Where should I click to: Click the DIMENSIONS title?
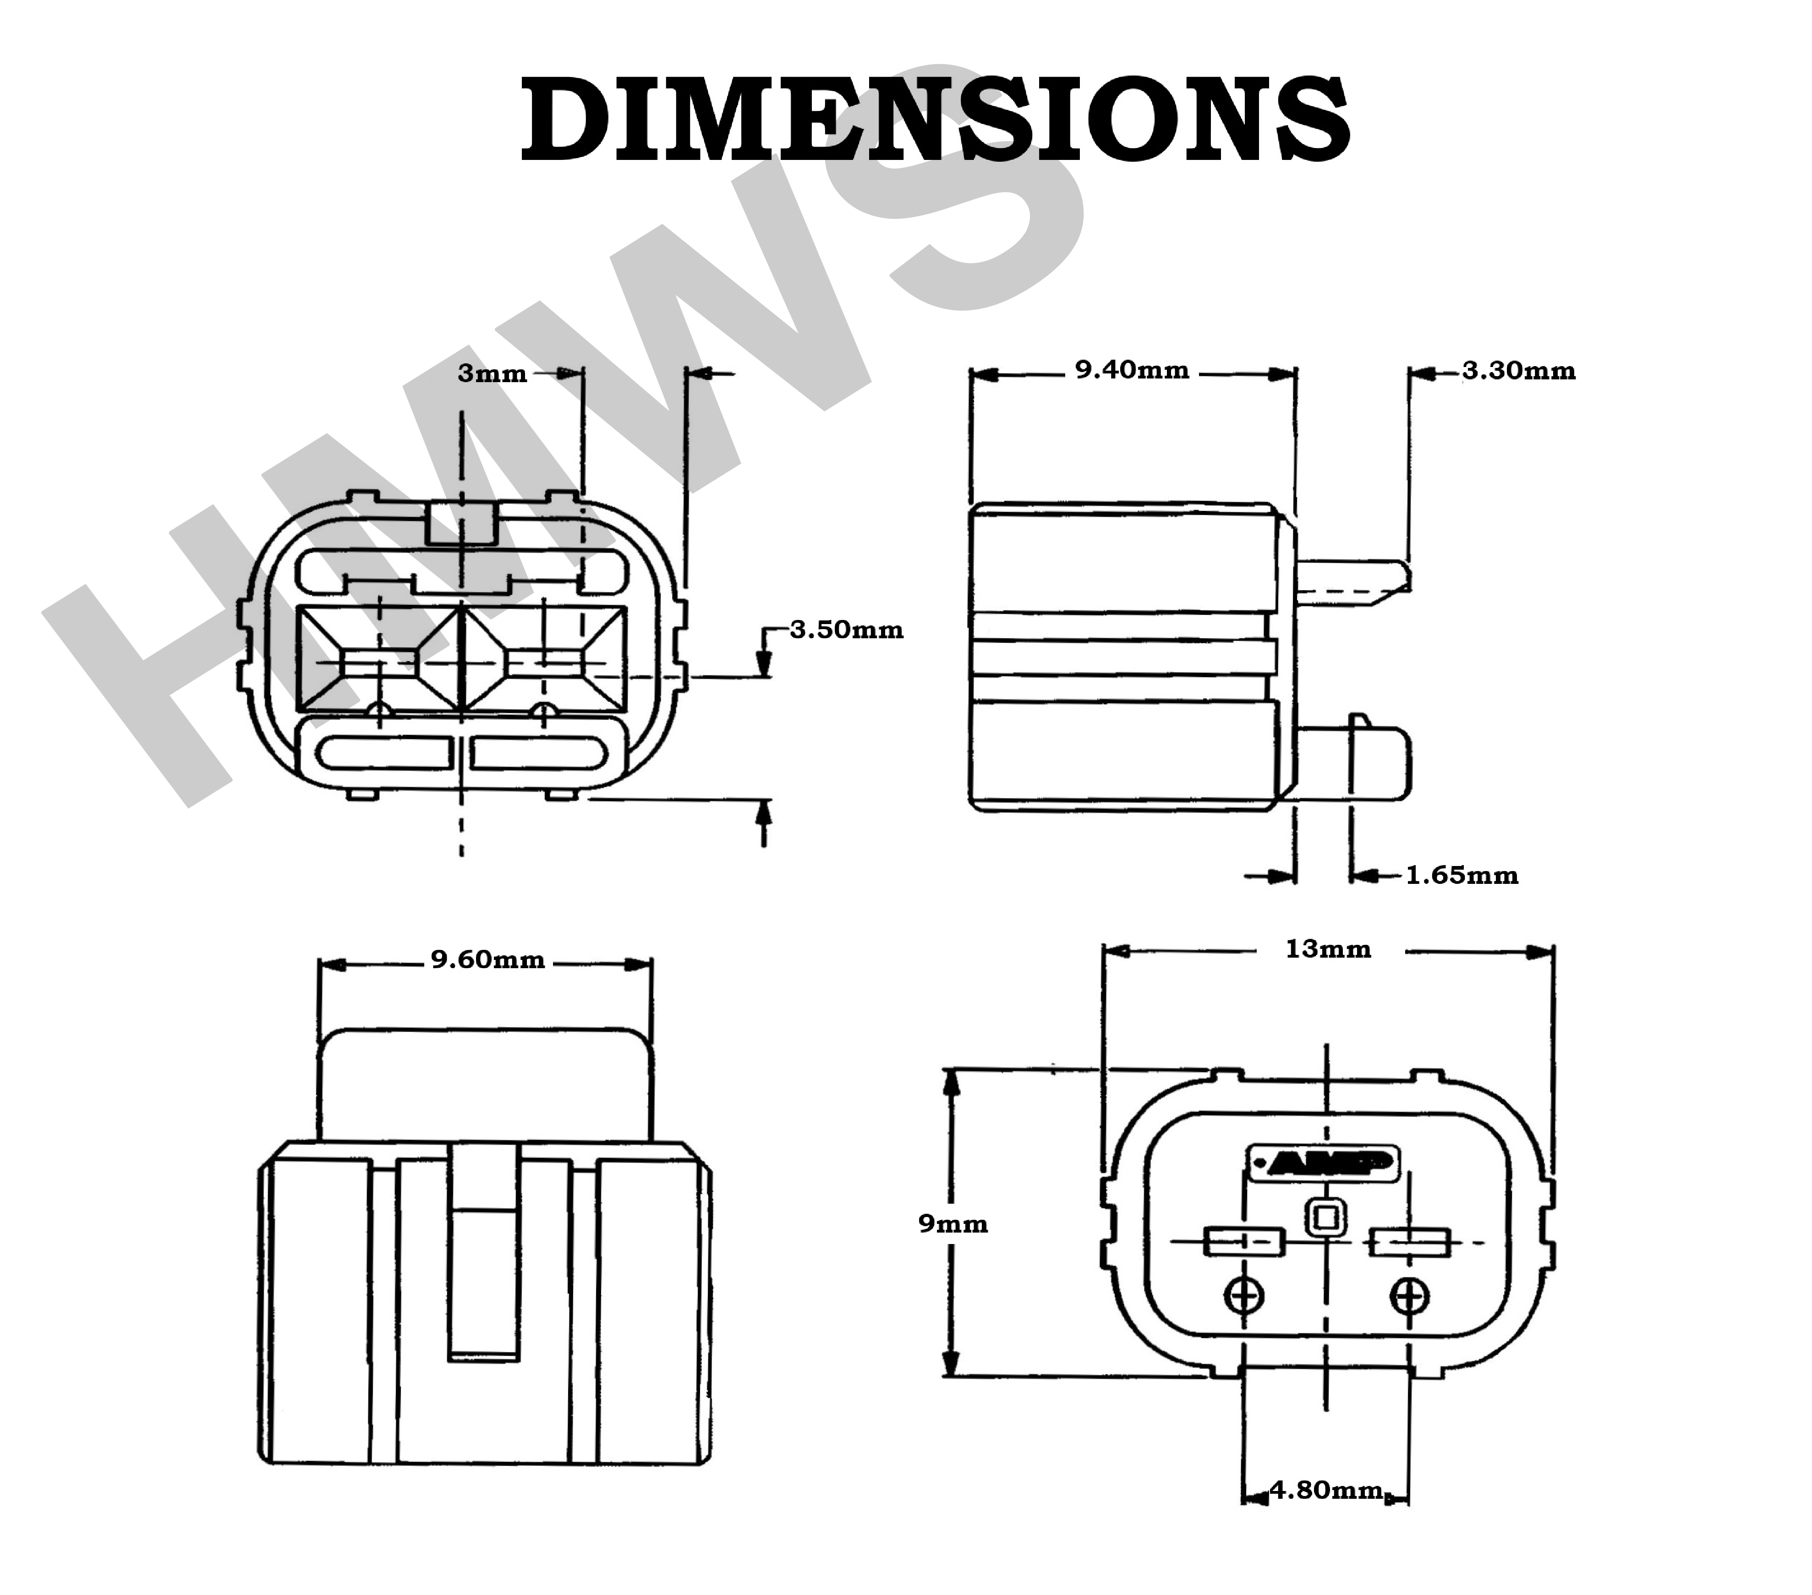click(x=935, y=120)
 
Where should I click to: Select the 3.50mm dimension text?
click(x=847, y=630)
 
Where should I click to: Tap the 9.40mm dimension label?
click(x=1132, y=371)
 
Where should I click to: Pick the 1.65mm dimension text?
click(x=1462, y=876)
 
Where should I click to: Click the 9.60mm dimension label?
click(x=487, y=960)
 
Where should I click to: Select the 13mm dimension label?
click(x=1328, y=949)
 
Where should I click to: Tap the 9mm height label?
click(x=953, y=1224)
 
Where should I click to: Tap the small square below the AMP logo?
click(x=1325, y=1218)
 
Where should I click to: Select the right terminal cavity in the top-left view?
click(x=544, y=661)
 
